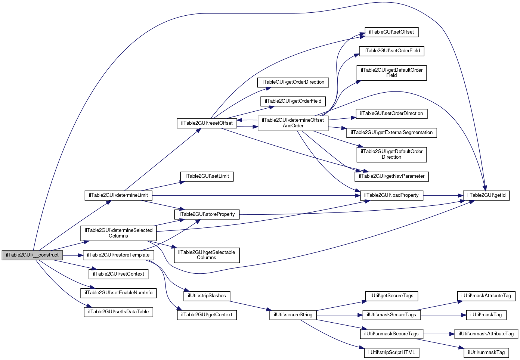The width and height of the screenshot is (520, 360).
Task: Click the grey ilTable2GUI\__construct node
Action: point(32,255)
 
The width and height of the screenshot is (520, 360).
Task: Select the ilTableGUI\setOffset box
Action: point(391,32)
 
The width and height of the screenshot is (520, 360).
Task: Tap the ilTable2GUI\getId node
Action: point(486,195)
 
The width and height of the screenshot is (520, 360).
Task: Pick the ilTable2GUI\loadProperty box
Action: point(391,195)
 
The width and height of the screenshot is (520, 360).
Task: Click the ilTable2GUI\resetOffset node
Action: point(207,123)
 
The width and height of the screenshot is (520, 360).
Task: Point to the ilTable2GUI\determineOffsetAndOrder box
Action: point(293,123)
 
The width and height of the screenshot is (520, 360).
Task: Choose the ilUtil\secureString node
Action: point(293,315)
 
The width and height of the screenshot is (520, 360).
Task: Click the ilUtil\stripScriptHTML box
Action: point(391,353)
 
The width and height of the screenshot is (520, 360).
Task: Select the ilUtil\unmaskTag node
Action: point(486,353)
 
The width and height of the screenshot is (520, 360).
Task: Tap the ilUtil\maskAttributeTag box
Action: point(486,296)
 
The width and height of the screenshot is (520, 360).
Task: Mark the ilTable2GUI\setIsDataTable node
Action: point(118,312)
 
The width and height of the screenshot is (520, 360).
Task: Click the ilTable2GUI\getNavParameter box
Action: point(391,177)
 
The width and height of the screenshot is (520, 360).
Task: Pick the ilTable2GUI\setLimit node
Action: point(207,177)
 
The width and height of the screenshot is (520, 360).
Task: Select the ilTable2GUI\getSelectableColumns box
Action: point(207,255)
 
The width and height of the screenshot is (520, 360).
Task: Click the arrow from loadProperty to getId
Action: point(443,196)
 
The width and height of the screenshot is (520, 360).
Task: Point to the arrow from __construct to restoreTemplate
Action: point(73,255)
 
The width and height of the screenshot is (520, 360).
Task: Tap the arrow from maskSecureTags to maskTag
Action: point(443,315)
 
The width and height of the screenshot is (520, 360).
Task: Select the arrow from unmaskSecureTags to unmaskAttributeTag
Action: point(439,334)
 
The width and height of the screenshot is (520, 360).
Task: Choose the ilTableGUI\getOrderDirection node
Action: point(293,83)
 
